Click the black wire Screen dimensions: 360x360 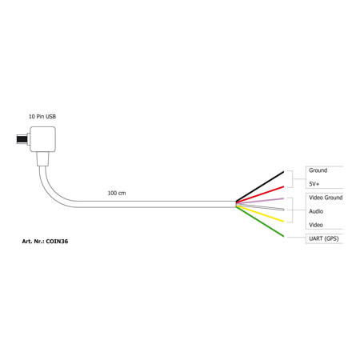(x=260, y=186)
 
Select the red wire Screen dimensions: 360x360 (x=260, y=194)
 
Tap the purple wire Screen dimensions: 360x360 (x=260, y=201)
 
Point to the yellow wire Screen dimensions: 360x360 (x=260, y=214)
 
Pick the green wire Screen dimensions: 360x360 (x=260, y=222)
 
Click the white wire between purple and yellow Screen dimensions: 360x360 (x=260, y=207)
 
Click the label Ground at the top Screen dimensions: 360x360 (x=318, y=170)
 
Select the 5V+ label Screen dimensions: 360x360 (x=314, y=184)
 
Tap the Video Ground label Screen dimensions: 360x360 (x=326, y=198)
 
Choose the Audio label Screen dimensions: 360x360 (x=316, y=211)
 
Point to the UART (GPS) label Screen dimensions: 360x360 (x=324, y=238)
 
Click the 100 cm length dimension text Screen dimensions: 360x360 (x=117, y=193)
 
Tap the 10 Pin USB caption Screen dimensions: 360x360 (x=42, y=117)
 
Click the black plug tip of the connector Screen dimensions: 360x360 (x=22, y=139)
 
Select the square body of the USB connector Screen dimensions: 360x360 (x=42, y=139)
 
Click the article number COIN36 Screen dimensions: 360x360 (x=57, y=242)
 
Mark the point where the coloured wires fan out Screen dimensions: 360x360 (x=236, y=204)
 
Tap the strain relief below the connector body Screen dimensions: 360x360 (x=42, y=159)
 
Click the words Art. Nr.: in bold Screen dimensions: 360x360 (x=33, y=242)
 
